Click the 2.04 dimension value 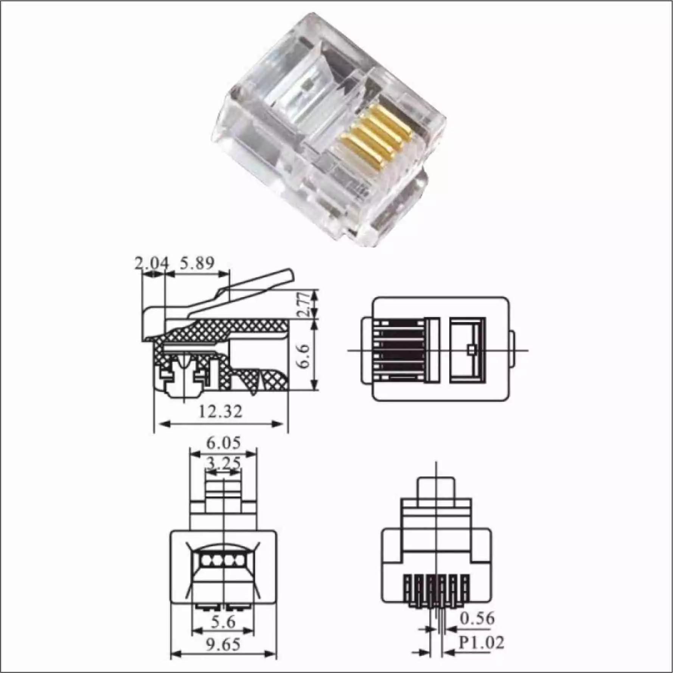pyautogui.click(x=151, y=263)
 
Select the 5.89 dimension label pyautogui.click(x=197, y=263)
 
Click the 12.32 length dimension pyautogui.click(x=220, y=412)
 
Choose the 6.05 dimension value pyautogui.click(x=223, y=443)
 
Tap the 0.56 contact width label pyautogui.click(x=477, y=619)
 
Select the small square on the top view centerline pyautogui.click(x=471, y=350)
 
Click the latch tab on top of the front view pyautogui.click(x=436, y=488)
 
